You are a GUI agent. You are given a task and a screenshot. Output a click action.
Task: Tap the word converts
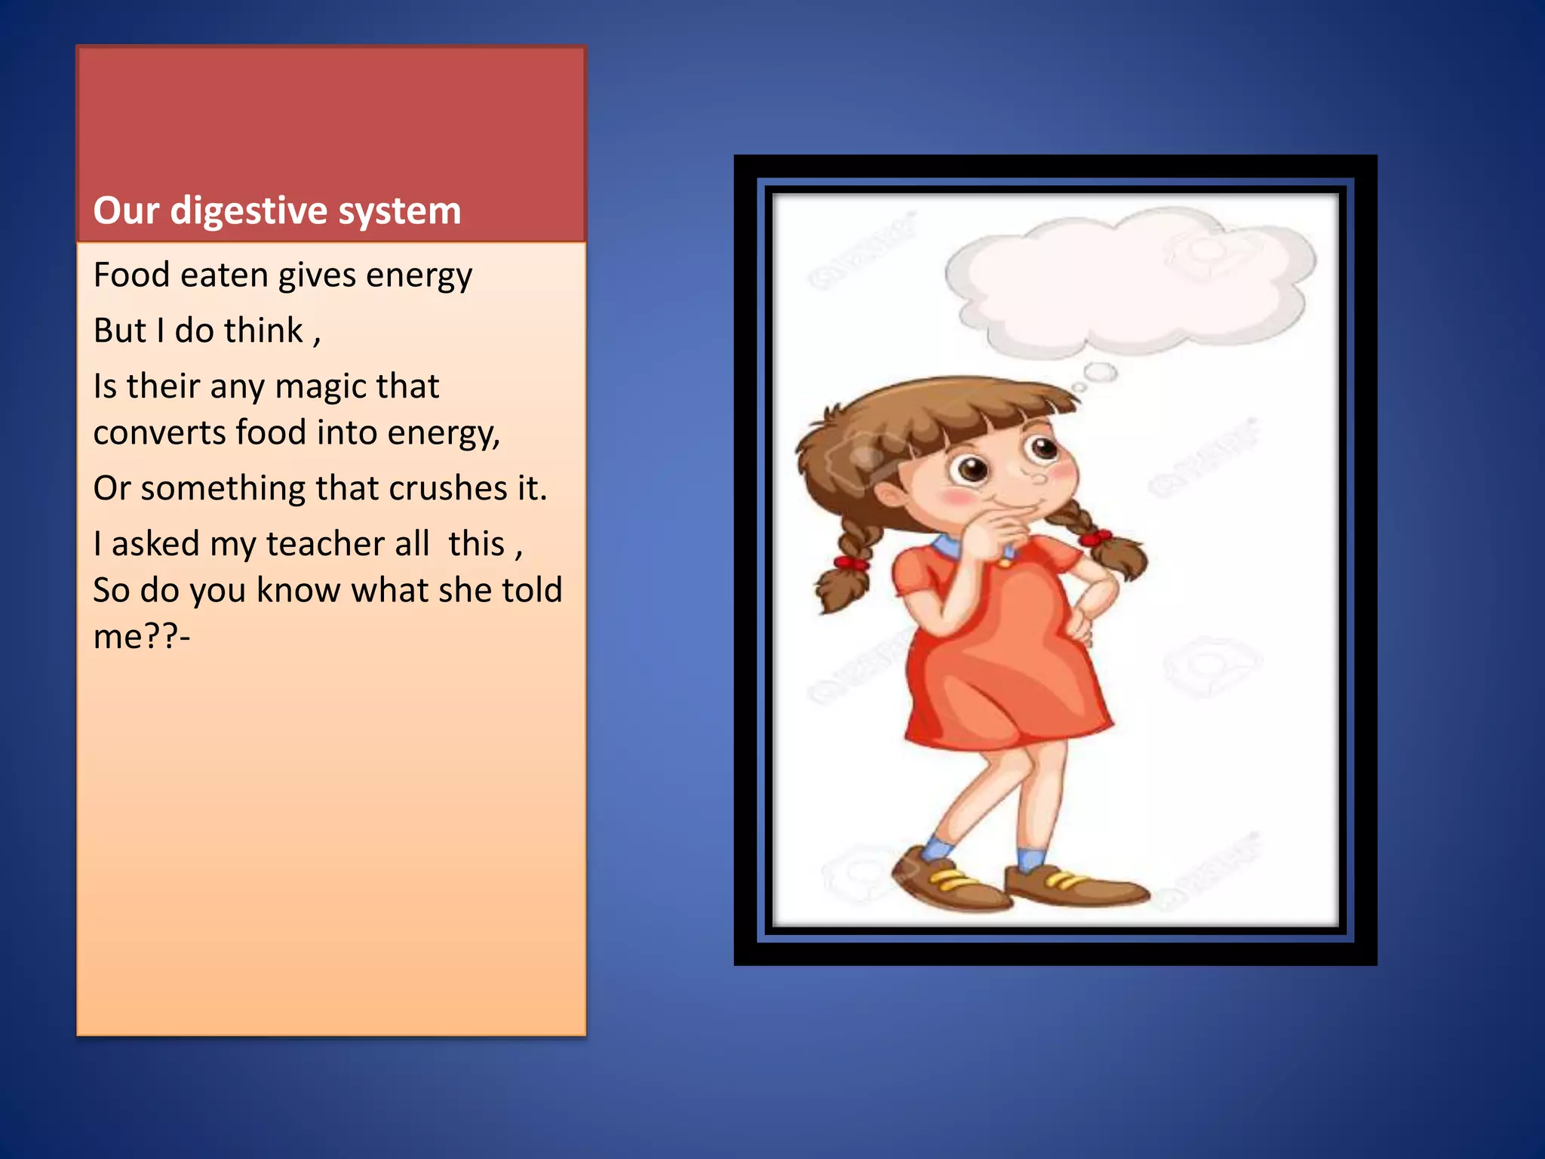coord(159,433)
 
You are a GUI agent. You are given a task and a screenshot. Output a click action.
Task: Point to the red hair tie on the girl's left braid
coord(851,563)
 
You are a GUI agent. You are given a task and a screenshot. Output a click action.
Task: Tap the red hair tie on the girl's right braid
coord(1095,539)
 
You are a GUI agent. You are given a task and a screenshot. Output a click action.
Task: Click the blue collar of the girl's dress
coord(946,546)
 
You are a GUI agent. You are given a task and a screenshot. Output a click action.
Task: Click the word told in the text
coord(532,590)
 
